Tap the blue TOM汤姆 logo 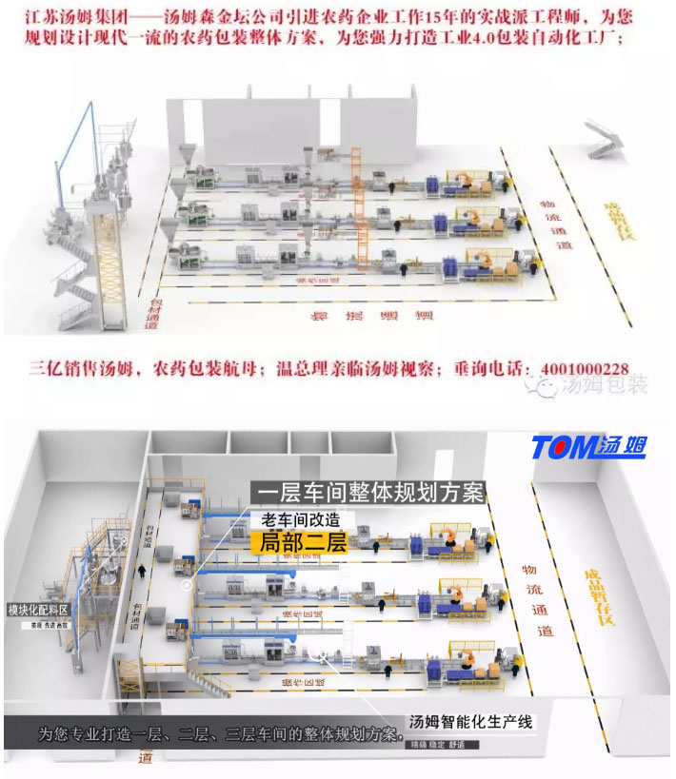pos(588,447)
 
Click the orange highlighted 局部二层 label pos(299,542)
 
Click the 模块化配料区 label pos(38,610)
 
